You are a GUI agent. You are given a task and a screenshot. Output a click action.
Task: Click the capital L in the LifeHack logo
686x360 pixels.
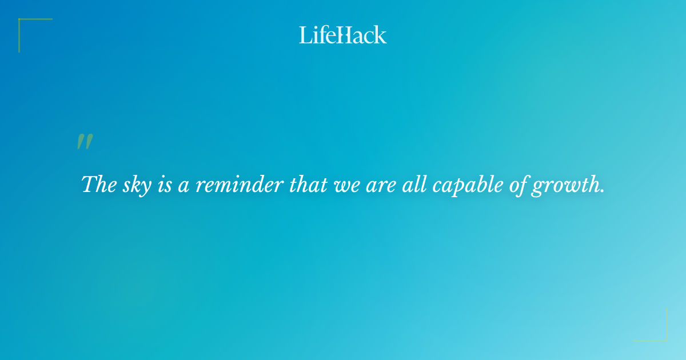point(305,35)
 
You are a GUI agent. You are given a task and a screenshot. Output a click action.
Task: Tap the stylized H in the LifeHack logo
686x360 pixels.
point(344,35)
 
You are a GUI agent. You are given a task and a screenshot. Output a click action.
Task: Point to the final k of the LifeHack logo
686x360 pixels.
point(381,35)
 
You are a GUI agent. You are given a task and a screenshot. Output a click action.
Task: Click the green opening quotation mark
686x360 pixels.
point(85,142)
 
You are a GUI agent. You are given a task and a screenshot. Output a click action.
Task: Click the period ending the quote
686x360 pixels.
point(603,191)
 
